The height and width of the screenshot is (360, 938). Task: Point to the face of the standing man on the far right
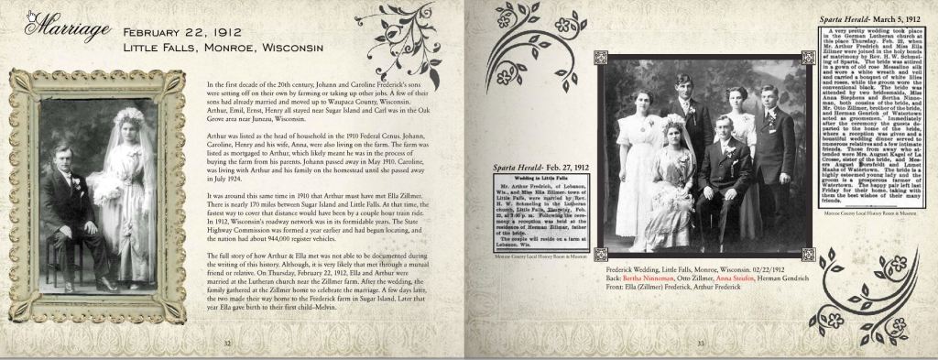click(x=769, y=98)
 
